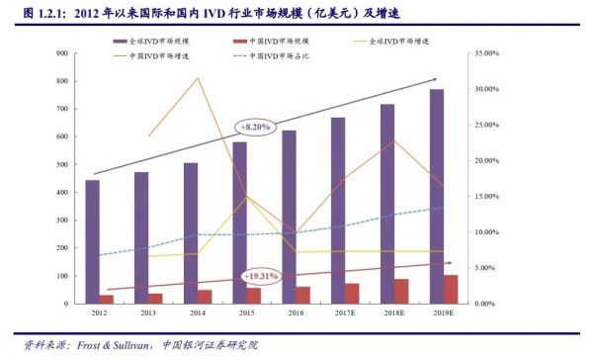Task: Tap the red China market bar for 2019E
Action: (451, 289)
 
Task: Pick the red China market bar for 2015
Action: (254, 295)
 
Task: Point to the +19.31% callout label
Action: (261, 276)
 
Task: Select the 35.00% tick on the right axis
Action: (488, 53)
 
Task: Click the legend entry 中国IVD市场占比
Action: (281, 56)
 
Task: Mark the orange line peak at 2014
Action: (198, 78)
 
